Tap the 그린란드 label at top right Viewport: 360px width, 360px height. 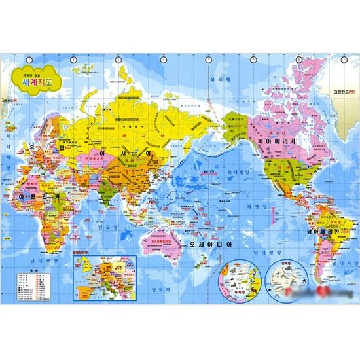(x=343, y=93)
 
